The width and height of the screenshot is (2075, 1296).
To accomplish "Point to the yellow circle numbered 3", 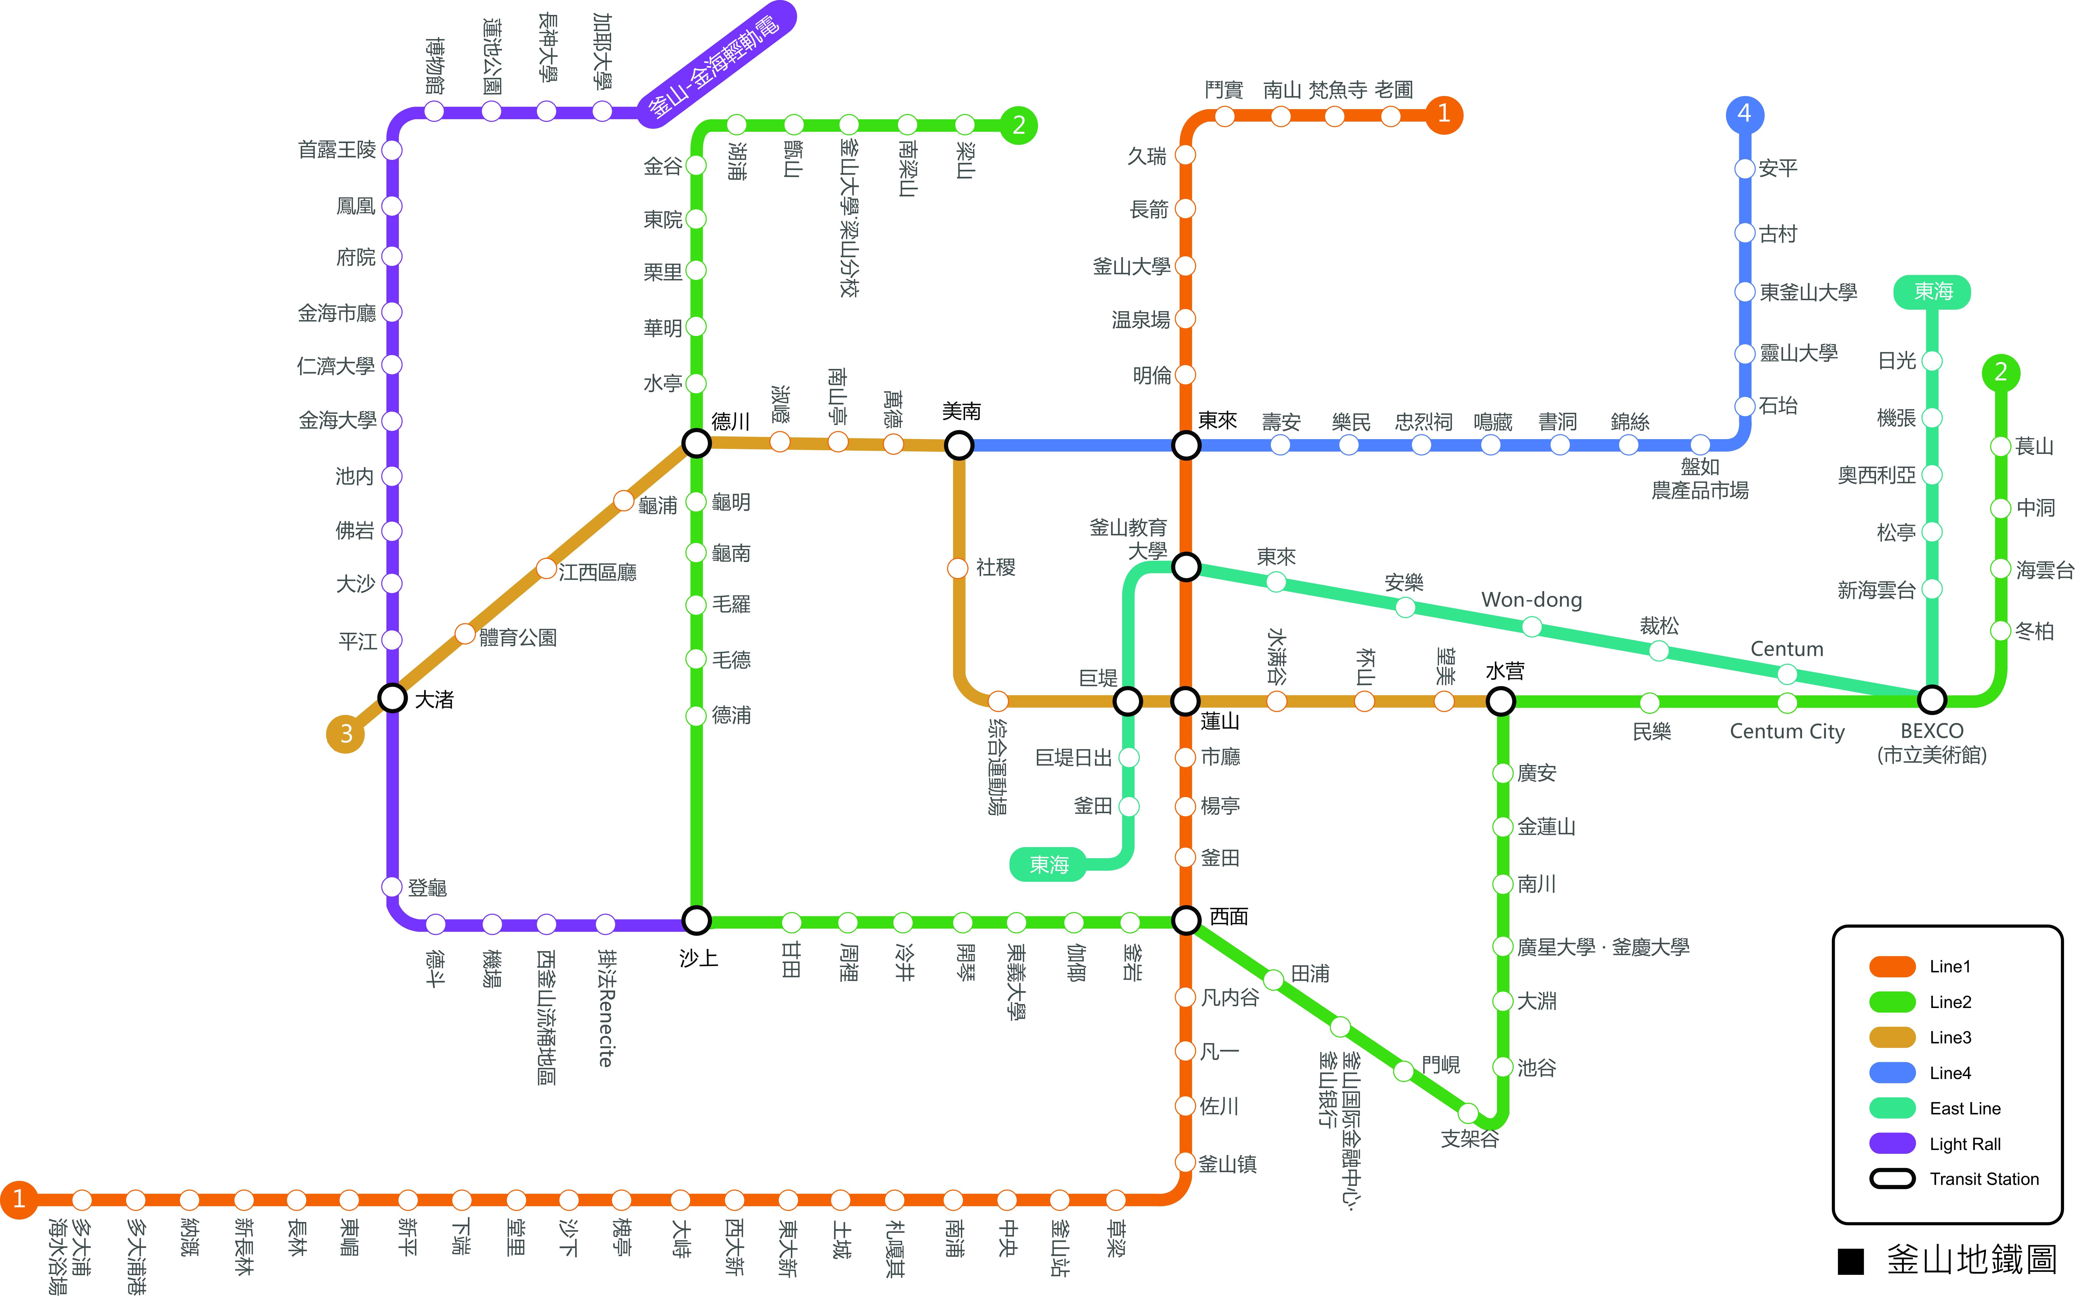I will pos(345,734).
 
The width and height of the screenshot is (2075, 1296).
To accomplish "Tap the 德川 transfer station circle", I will pos(696,443).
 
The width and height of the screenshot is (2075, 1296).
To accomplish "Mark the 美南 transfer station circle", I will pos(959,445).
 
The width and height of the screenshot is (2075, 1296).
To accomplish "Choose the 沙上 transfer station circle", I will pos(696,921).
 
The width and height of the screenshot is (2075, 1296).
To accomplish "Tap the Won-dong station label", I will pos(1532,600).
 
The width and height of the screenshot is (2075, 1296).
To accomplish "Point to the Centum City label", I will pos(1787,731).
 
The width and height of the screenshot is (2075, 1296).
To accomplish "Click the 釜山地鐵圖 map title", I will pos(1971,1260).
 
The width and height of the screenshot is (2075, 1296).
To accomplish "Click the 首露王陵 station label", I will pos(337,150).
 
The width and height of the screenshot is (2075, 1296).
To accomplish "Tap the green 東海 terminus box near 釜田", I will pos(1048,864).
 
